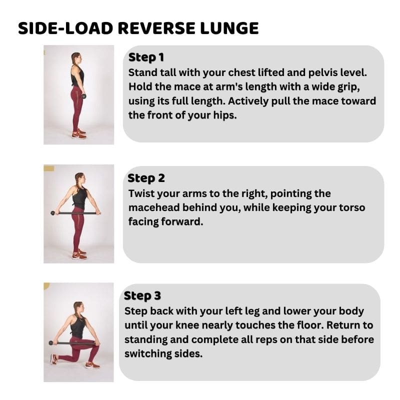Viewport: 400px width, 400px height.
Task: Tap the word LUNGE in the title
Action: (x=229, y=28)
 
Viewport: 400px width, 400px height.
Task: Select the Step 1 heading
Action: (x=146, y=57)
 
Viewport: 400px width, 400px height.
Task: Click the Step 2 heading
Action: (x=146, y=178)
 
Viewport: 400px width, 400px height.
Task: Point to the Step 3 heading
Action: (x=142, y=296)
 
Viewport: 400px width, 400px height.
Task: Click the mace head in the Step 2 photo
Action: (x=53, y=213)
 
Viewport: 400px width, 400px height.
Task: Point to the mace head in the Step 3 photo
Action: (x=51, y=343)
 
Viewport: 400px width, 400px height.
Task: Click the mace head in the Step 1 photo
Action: (x=83, y=96)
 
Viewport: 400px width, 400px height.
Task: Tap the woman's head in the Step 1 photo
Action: (x=76, y=58)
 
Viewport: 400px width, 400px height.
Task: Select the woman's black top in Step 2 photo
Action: (x=79, y=197)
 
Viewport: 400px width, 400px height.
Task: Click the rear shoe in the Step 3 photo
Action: (x=54, y=359)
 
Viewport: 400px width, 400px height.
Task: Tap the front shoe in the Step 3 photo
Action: (x=92, y=365)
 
